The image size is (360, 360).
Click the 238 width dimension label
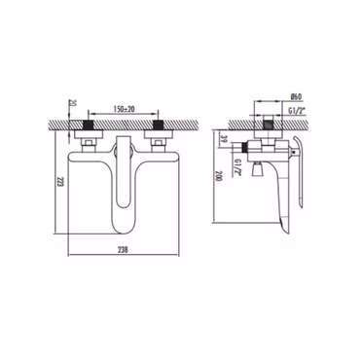point(123,250)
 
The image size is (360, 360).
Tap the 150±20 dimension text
point(124,109)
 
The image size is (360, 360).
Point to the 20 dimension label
point(73,103)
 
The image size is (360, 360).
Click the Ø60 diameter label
point(297,96)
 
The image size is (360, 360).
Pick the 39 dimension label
point(222,139)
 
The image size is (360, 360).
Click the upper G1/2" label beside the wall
point(297,111)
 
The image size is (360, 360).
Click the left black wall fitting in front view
point(89,125)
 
